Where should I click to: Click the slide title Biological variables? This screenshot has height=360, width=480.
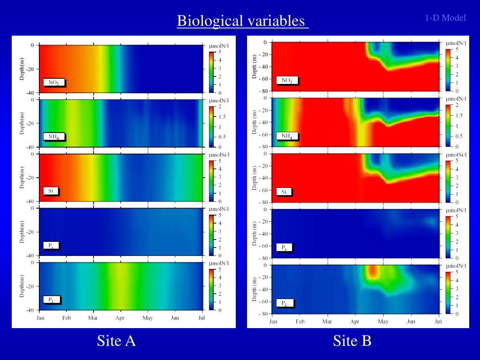pyautogui.click(x=242, y=21)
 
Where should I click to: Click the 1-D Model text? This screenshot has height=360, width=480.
pyautogui.click(x=445, y=18)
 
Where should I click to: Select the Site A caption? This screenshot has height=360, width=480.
pyautogui.click(x=116, y=341)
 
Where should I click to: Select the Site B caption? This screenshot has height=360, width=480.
pyautogui.click(x=352, y=341)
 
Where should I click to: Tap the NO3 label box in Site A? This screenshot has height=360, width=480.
pyautogui.click(x=53, y=82)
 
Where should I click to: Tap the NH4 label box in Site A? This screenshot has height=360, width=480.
pyautogui.click(x=53, y=137)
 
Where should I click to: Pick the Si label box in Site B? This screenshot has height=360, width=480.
pyautogui.click(x=284, y=192)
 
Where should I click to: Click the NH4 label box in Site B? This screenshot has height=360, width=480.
pyautogui.click(x=287, y=136)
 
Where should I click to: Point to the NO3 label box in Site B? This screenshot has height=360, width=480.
pyautogui.click(x=287, y=81)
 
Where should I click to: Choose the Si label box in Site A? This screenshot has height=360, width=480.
pyautogui.click(x=51, y=191)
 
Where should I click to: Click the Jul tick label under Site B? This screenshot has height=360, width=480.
pyautogui.click(x=438, y=322)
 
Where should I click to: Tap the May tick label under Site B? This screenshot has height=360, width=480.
pyautogui.click(x=383, y=322)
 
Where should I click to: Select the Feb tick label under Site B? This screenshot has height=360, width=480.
pyautogui.click(x=300, y=322)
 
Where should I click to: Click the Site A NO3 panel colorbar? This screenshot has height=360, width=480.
pyautogui.click(x=211, y=72)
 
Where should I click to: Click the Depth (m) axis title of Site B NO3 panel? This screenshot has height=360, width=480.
pyautogui.click(x=255, y=67)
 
